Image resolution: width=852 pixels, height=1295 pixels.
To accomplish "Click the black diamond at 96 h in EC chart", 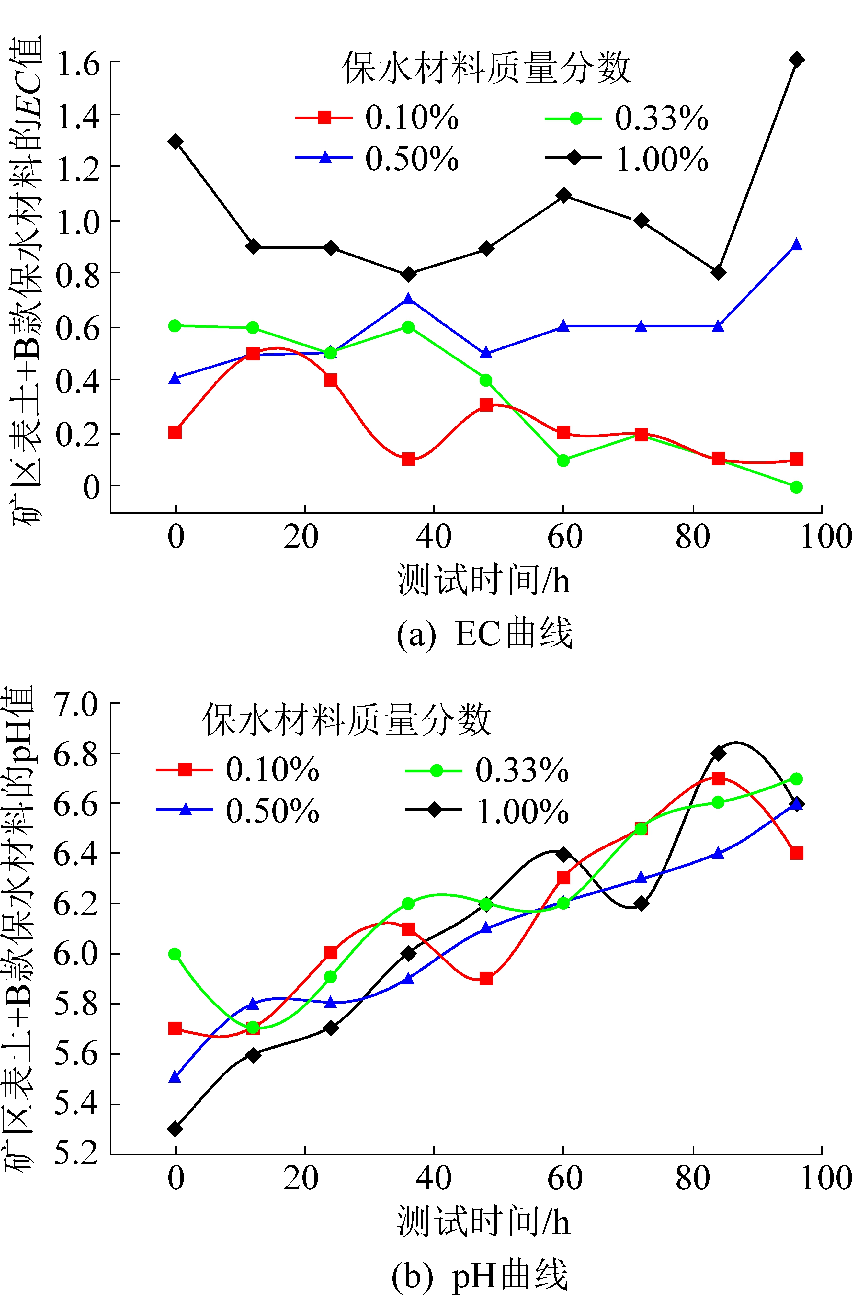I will tap(796, 59).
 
